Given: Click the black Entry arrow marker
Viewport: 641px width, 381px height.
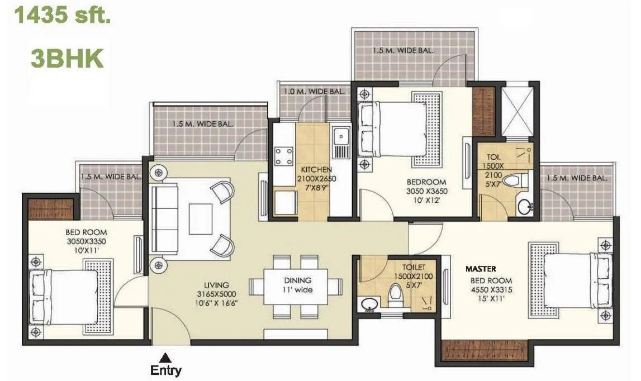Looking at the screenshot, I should pos(165,356).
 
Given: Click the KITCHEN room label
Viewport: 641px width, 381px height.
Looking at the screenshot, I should pos(316,169).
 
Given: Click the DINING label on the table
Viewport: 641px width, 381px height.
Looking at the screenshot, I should pos(297,280).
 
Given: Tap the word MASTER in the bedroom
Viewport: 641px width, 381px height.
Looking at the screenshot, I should pos(482,269).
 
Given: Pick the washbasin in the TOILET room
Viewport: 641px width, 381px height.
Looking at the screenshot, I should pos(369,305).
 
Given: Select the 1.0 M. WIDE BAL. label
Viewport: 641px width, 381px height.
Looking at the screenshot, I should pos(314,91).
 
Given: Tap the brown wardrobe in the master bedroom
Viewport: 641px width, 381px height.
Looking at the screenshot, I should pos(485,350).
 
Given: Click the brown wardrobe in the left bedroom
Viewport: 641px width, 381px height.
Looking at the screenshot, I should pos(51,208).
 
